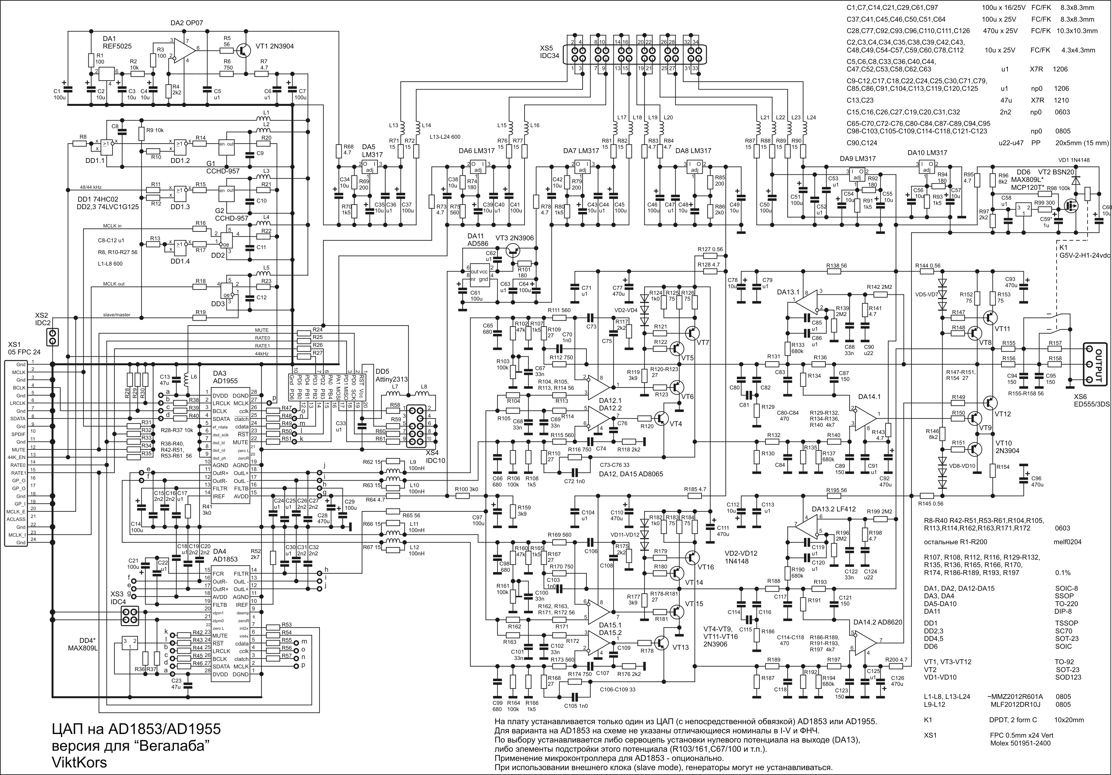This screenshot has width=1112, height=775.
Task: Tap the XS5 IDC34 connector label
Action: pos(550,52)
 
